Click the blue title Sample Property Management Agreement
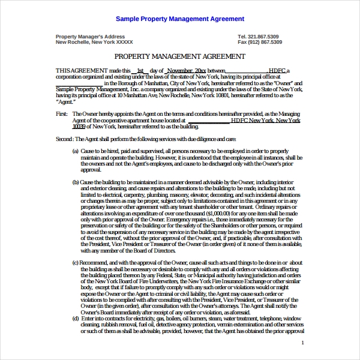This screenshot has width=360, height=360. pos(180,19)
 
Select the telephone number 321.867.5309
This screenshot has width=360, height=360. pos(266,37)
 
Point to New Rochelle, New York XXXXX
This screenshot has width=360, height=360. pos(95,43)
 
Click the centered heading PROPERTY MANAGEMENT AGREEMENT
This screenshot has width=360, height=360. pos(179,56)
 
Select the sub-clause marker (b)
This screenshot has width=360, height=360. pos(76,181)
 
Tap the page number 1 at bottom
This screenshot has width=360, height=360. pos(303,343)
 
